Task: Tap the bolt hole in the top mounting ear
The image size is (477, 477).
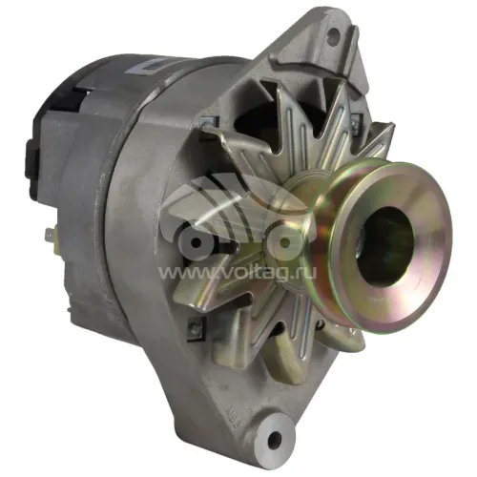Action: (x=333, y=31)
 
